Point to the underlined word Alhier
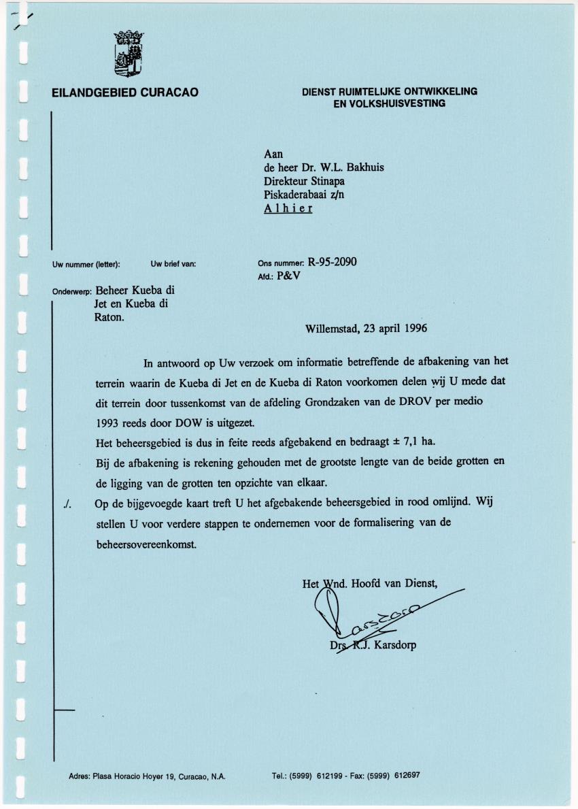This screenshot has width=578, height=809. tap(288, 208)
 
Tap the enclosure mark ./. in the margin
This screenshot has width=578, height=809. tap(65, 504)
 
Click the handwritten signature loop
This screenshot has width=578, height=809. tap(327, 606)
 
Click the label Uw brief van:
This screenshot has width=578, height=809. tap(173, 263)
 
